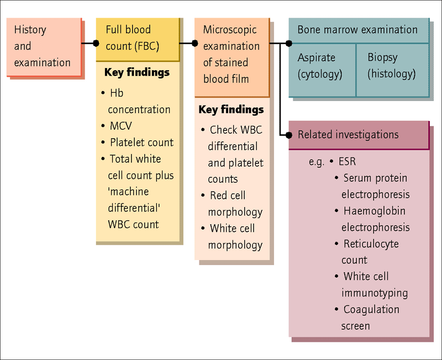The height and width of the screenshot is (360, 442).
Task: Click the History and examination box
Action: pyautogui.click(x=44, y=47)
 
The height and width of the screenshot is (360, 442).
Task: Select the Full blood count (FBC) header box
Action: pyautogui.click(x=138, y=39)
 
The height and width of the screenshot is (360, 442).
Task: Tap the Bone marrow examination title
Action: pyautogui.click(x=357, y=30)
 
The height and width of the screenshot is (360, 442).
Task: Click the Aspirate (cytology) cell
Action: pyautogui.click(x=322, y=70)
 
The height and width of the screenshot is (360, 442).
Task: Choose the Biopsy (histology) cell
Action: pyautogui.click(x=393, y=70)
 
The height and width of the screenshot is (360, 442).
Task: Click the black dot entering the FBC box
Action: pyautogui.click(x=96, y=44)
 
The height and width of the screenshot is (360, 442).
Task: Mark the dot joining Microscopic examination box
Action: pyautogui.click(x=195, y=44)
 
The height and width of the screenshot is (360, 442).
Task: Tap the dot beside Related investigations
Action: pyautogui.click(x=289, y=135)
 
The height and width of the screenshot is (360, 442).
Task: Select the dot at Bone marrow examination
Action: pyautogui.click(x=289, y=44)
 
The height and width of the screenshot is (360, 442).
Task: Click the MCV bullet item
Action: pyautogui.click(x=117, y=126)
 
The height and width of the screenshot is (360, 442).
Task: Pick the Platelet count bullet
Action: pyautogui.click(x=137, y=142)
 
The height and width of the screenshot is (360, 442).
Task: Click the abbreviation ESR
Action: pyautogui.click(x=348, y=162)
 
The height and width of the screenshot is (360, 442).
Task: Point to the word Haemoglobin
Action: pyautogui.click(x=375, y=211)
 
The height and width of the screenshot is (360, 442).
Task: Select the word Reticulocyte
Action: pyautogui.click(x=371, y=244)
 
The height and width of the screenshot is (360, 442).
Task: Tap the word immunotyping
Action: pyautogui.click(x=375, y=293)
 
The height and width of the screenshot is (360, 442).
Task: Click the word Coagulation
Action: pyautogui.click(x=371, y=310)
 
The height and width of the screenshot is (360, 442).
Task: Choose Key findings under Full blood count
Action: pyautogui.click(x=137, y=72)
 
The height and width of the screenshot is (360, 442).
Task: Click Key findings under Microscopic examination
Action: pyautogui.click(x=231, y=109)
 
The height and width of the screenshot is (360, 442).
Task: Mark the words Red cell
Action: pyautogui.click(x=228, y=195)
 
